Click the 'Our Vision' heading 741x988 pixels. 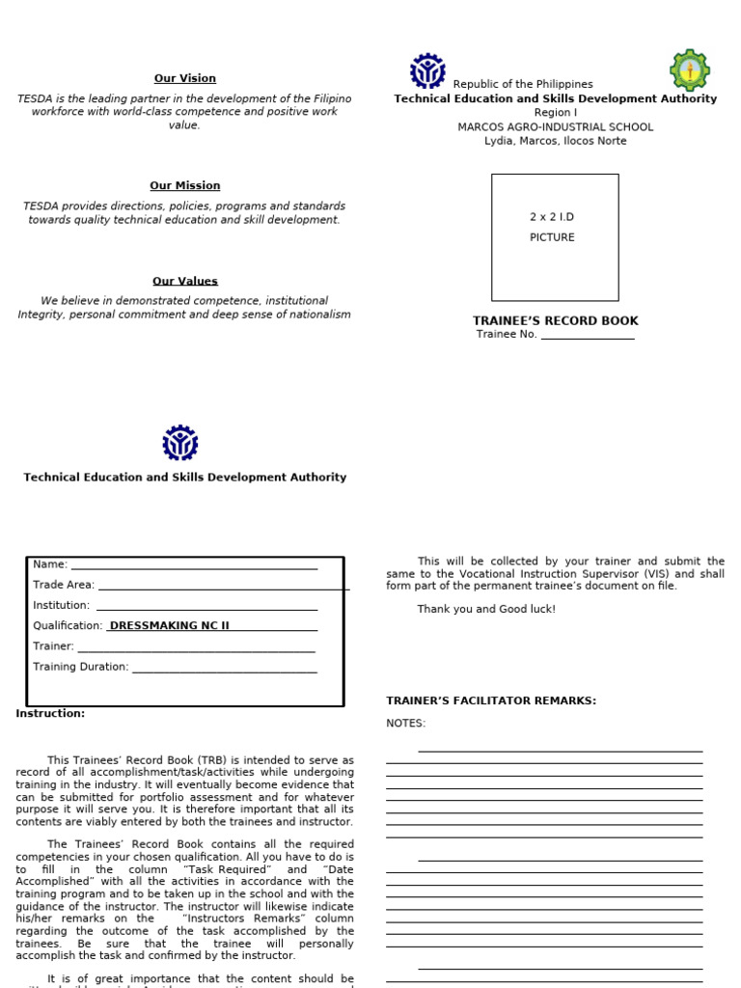(184, 78)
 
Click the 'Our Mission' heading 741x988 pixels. (184, 185)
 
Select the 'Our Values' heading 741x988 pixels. (184, 281)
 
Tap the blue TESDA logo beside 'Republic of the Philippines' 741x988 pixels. (427, 71)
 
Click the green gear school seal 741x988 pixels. (689, 70)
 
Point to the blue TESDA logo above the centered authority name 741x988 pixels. (180, 443)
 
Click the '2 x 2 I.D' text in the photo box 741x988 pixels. (552, 217)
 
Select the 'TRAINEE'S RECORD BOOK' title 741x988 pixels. (555, 320)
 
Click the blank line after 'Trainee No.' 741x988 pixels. (587, 335)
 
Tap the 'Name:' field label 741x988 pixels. (50, 564)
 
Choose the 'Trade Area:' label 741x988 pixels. (64, 585)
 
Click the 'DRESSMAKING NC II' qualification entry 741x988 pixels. (170, 625)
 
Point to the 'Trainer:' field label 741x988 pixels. (53, 646)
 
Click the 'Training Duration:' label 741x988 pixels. (80, 667)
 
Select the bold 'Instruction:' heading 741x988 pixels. (50, 713)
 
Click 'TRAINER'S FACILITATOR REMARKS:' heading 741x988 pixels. (491, 700)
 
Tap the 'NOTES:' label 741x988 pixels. (405, 723)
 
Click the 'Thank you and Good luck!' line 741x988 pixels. (486, 609)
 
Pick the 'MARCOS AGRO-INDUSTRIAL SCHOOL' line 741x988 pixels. (555, 126)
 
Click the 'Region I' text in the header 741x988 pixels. (555, 113)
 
